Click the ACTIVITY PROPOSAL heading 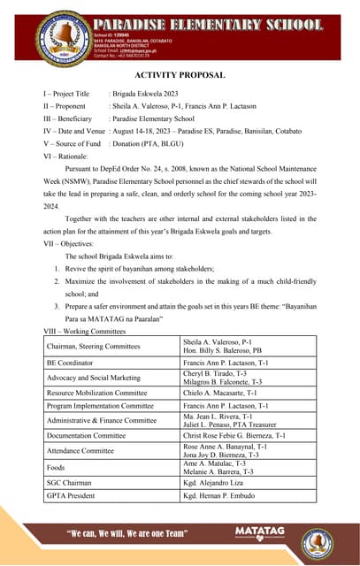coord(180,75)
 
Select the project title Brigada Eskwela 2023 coord(147,93)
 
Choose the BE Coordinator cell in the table coord(72,363)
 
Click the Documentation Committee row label coord(86,435)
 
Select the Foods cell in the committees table coord(56,467)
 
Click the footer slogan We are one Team coord(128,533)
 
